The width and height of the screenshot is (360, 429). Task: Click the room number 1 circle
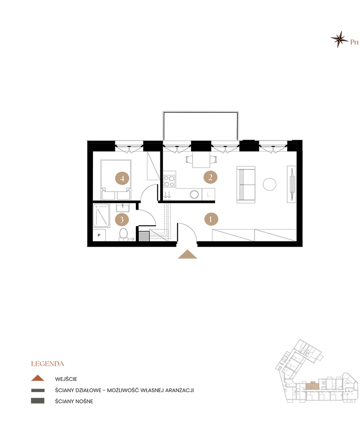(x=211, y=219)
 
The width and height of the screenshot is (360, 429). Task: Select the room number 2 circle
(x=210, y=177)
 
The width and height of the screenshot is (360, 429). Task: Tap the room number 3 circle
(x=122, y=220)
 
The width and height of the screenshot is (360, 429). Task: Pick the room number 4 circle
(x=122, y=178)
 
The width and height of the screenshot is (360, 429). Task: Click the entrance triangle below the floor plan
(x=188, y=254)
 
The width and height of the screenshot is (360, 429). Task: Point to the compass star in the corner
(x=339, y=39)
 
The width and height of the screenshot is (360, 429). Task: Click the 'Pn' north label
(x=354, y=42)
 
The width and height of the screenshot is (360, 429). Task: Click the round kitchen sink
(x=194, y=194)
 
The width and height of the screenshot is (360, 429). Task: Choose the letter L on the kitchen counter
(x=208, y=194)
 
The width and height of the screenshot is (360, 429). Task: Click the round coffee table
(x=270, y=184)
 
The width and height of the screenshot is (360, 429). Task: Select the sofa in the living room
(x=246, y=184)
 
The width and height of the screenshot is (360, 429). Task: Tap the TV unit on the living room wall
(x=291, y=184)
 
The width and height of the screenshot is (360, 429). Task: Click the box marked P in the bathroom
(x=99, y=235)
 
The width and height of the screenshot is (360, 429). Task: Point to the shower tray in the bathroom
(x=102, y=216)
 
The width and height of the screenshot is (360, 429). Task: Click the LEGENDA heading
(x=48, y=364)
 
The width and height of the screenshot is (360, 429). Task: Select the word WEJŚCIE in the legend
(x=66, y=379)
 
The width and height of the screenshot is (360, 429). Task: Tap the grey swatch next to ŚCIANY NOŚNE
(x=38, y=401)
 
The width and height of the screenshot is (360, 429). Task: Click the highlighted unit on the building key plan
(x=312, y=386)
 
